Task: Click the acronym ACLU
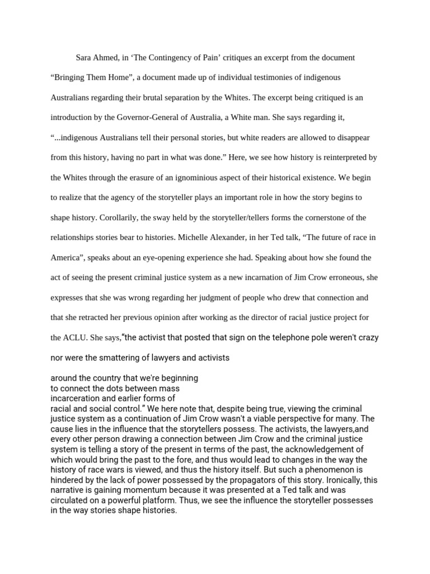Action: coord(73,338)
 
